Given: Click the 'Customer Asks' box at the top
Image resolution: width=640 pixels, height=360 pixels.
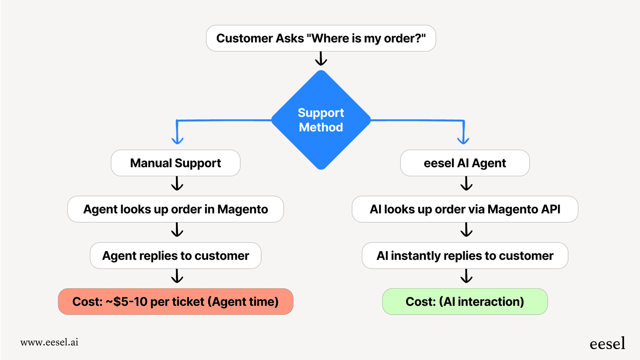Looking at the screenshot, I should click(321, 38).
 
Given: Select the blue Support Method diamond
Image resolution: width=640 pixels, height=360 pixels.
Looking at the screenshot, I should click(321, 120).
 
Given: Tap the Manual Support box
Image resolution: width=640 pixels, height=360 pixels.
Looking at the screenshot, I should click(176, 163).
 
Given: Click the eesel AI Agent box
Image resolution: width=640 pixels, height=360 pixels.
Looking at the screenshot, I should click(465, 163).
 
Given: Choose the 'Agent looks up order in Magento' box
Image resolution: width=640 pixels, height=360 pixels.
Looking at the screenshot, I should click(176, 209).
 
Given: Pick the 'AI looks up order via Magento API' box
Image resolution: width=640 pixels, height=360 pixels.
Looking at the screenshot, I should click(465, 209).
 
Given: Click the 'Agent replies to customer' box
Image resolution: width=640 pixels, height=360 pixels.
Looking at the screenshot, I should click(176, 256).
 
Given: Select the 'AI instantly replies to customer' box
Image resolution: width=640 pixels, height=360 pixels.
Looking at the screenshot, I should click(465, 256).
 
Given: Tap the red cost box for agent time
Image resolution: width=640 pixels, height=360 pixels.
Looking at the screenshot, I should click(176, 302).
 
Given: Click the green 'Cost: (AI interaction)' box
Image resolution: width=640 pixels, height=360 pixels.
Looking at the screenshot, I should click(465, 302).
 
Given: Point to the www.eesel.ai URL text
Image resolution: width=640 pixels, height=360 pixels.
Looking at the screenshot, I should click(50, 342).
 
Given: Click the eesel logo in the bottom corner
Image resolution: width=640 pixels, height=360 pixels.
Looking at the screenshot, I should click(607, 344).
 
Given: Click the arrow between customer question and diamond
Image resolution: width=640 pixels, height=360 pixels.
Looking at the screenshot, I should click(321, 59).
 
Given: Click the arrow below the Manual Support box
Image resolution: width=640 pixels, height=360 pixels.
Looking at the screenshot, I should click(177, 184).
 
